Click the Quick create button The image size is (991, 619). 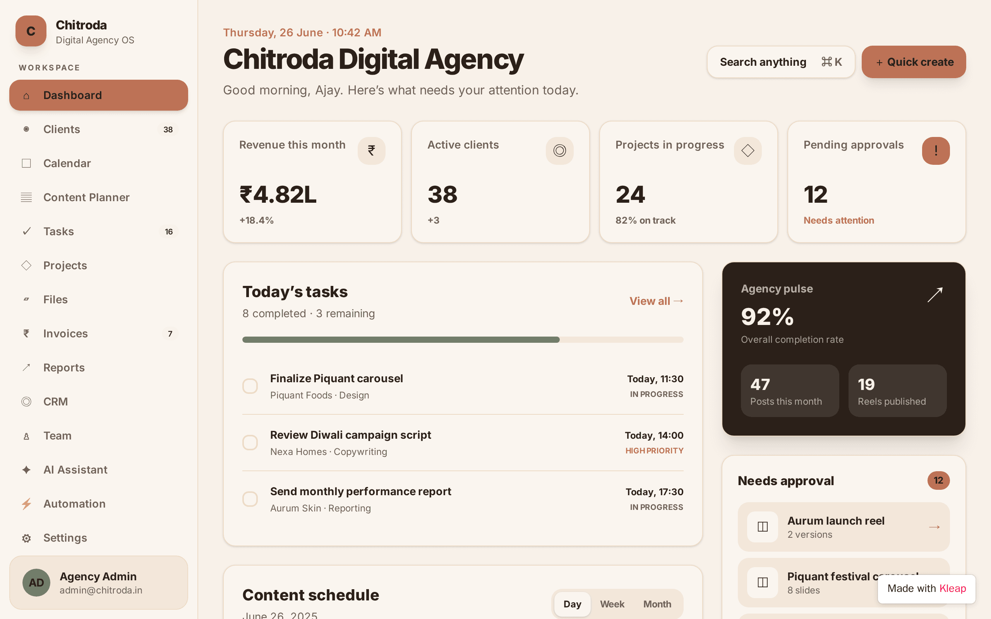[914, 62]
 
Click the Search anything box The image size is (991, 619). [780, 62]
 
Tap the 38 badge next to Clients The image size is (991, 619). [168, 129]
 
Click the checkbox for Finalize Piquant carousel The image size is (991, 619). [250, 386]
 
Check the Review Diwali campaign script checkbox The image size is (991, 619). [250, 443]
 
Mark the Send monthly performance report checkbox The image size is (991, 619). [250, 499]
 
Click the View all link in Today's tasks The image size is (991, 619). [657, 301]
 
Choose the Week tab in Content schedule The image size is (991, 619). [612, 604]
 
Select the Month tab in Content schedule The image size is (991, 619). [657, 604]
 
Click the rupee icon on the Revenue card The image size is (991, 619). [371, 150]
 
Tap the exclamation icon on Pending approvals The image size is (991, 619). [936, 150]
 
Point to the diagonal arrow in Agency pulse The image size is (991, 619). [935, 295]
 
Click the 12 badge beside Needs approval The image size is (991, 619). [938, 480]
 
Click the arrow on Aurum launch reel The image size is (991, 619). [934, 527]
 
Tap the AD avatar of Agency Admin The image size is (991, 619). [36, 583]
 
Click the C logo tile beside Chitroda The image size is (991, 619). [31, 31]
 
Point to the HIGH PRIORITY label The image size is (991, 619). [654, 451]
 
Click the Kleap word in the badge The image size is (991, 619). [953, 589]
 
